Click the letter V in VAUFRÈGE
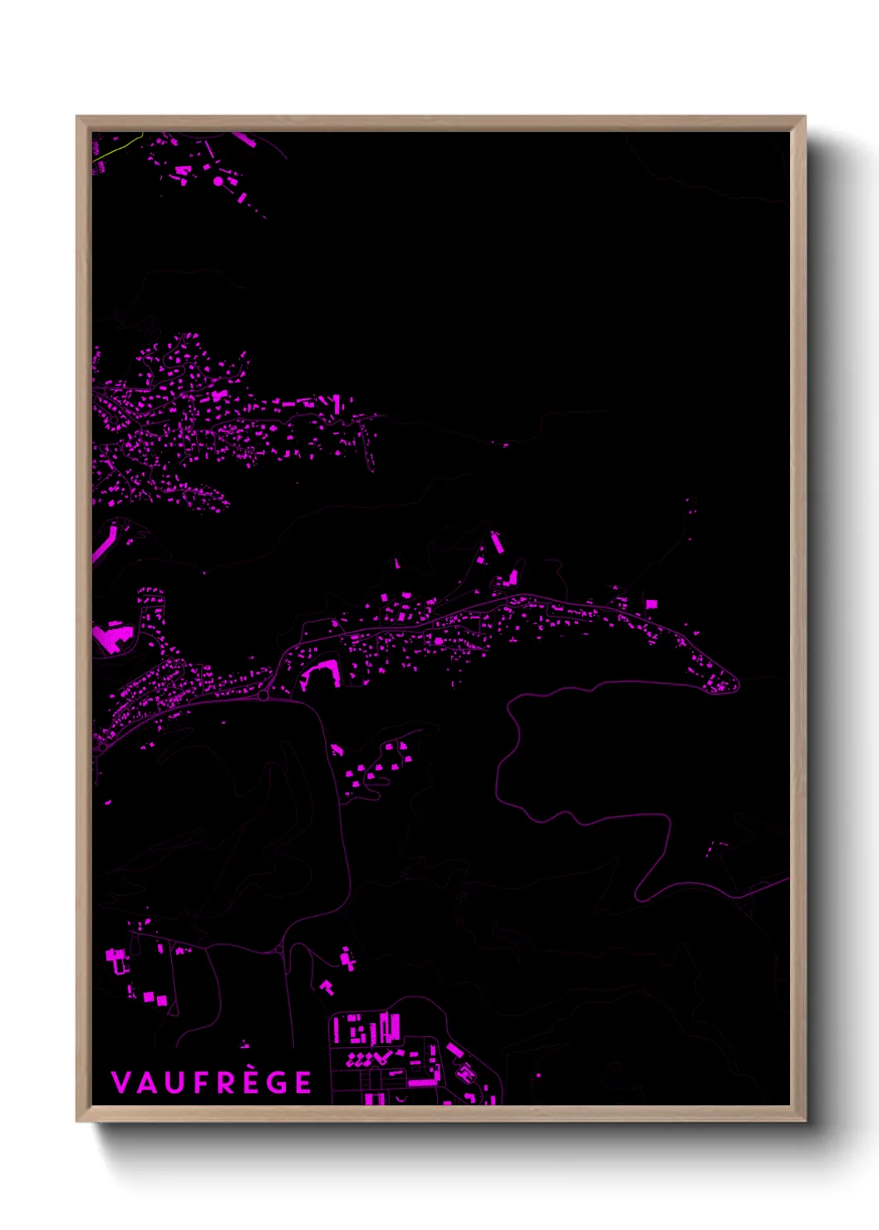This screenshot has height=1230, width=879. [120, 1083]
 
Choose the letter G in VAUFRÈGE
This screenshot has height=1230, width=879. [276, 1083]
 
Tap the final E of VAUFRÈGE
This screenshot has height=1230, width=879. [303, 1083]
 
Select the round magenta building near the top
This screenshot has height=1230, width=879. [218, 180]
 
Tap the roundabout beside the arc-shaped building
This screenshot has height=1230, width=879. [263, 695]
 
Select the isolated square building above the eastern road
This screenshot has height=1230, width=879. [651, 604]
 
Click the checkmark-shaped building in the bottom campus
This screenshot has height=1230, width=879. [381, 1057]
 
